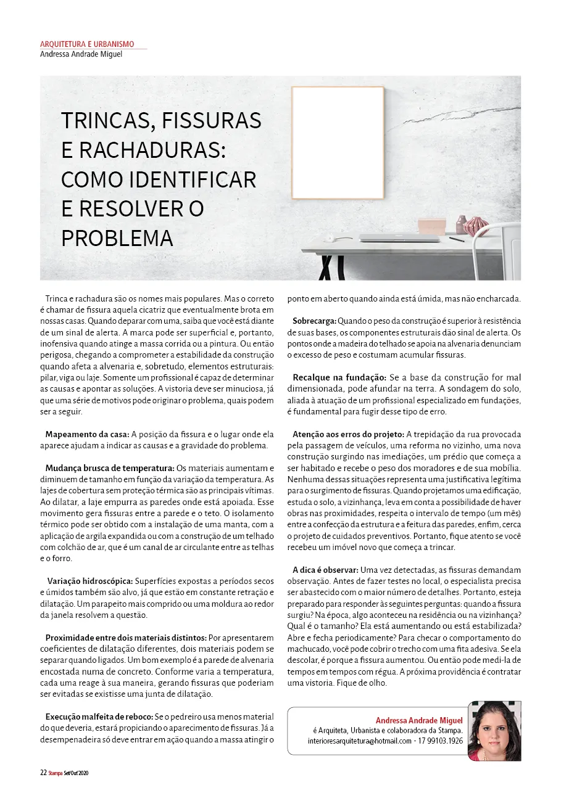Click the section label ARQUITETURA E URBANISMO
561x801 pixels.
tap(87, 44)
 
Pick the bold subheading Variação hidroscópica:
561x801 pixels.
tap(90, 581)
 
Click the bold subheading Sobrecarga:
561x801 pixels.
tap(314, 321)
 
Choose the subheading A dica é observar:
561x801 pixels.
tap(325, 570)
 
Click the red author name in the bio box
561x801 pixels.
tap(419, 720)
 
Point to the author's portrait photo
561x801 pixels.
tap(494, 731)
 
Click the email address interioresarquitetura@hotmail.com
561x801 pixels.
tap(360, 741)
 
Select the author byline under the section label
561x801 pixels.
tap(81, 54)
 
